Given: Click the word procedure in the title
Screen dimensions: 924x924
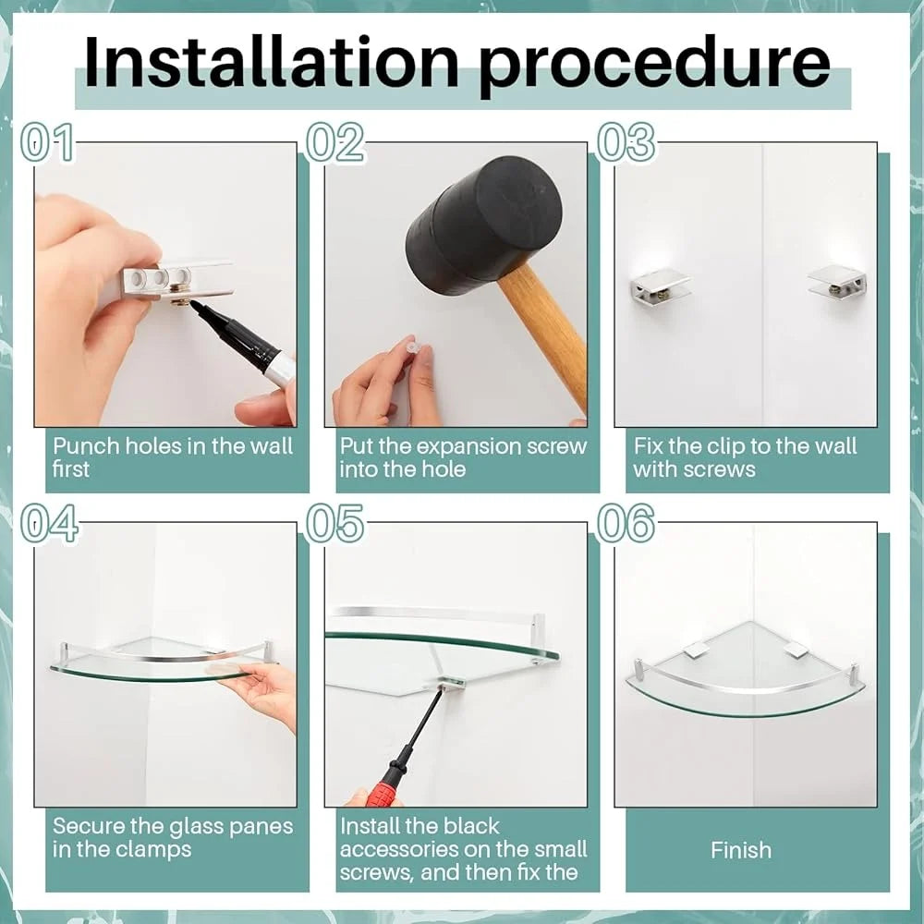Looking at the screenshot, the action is point(654,66).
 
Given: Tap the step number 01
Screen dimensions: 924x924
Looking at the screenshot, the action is point(47,142).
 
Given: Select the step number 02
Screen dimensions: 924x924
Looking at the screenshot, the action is point(334,142).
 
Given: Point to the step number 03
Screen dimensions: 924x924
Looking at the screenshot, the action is point(626,142).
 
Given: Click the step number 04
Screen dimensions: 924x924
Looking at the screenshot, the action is point(50,523).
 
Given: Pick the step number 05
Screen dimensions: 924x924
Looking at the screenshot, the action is point(334,523).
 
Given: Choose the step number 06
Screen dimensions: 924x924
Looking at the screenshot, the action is point(626,523).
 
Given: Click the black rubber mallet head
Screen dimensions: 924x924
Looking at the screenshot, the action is point(483,224).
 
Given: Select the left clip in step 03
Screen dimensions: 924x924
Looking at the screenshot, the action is point(659,287).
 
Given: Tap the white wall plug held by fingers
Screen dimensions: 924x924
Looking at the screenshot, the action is point(411,346).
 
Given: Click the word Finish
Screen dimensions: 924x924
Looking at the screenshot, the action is point(741,850).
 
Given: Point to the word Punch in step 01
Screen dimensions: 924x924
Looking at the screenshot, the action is point(86,446).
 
